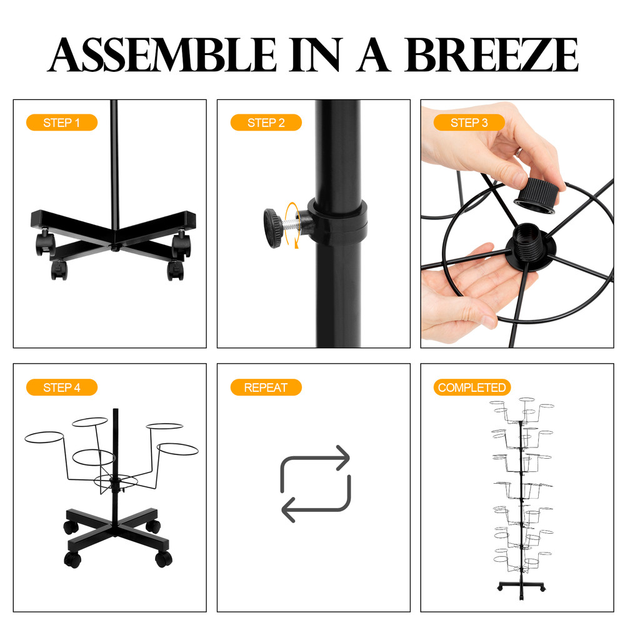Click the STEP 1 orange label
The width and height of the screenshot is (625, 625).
click(x=61, y=122)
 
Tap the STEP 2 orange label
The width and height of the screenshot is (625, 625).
click(x=266, y=122)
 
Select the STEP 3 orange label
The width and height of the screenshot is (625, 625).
click(x=469, y=122)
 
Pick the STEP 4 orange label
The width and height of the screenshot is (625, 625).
click(x=61, y=387)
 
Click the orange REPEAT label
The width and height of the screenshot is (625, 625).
click(x=266, y=387)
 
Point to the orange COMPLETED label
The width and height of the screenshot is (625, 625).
click(x=472, y=387)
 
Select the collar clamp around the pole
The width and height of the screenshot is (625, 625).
click(x=337, y=219)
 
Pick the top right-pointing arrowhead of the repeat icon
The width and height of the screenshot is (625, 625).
click(x=342, y=457)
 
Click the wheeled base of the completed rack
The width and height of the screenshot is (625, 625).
click(x=521, y=587)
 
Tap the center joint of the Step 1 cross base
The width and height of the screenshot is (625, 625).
click(x=116, y=246)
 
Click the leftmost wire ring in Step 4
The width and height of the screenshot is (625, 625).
click(x=44, y=438)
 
